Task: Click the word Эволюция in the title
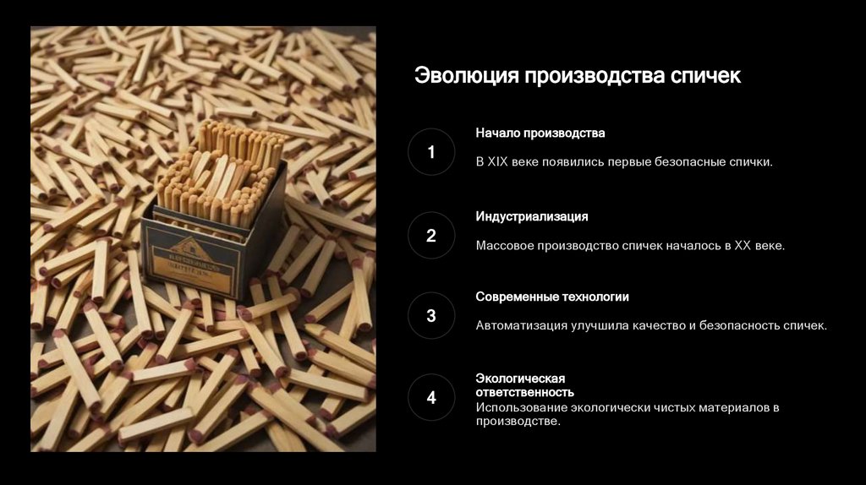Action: click(x=467, y=75)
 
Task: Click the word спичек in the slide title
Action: click(x=705, y=75)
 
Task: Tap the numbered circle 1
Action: click(x=431, y=152)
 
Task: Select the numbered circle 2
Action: click(x=431, y=236)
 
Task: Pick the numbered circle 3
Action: click(x=431, y=316)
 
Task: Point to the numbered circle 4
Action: click(x=431, y=397)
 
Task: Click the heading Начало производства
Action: click(x=540, y=133)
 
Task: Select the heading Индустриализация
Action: click(x=532, y=216)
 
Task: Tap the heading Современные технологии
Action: click(x=552, y=297)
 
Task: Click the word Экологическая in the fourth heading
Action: click(x=520, y=379)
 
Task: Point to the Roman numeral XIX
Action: click(x=497, y=162)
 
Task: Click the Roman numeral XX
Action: click(x=743, y=246)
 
